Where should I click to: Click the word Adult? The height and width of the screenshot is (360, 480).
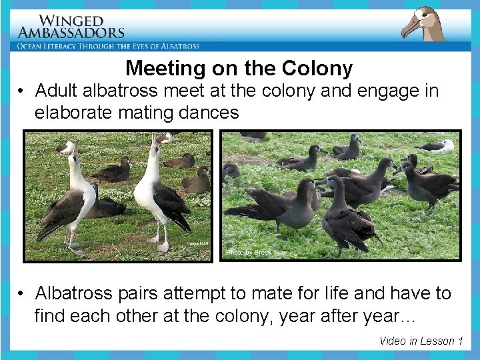[57, 90]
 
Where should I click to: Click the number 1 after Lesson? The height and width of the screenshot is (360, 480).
[460, 341]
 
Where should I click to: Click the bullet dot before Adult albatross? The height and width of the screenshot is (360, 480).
[22, 91]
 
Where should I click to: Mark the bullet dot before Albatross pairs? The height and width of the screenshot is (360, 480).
[22, 294]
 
